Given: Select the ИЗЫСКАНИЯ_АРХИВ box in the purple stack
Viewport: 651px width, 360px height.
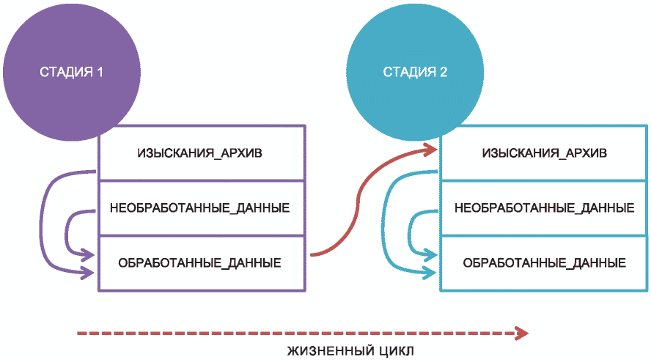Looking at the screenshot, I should coord(200,153).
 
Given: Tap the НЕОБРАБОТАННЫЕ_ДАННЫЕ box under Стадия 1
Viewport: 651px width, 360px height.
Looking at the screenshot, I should coord(200,207).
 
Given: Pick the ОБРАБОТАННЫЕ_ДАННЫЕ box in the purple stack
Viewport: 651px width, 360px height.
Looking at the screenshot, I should coord(200,262).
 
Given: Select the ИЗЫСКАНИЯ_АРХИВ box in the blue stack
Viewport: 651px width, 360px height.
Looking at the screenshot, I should coord(544,153).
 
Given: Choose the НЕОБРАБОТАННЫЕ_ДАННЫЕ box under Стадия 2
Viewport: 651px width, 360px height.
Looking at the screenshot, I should coord(544,207).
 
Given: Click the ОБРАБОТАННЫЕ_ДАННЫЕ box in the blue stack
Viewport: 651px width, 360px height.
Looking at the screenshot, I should coord(544,262).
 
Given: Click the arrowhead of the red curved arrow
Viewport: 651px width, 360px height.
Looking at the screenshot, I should coord(433,150).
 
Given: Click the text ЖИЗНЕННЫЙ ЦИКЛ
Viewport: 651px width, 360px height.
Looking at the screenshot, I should coord(350,350).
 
